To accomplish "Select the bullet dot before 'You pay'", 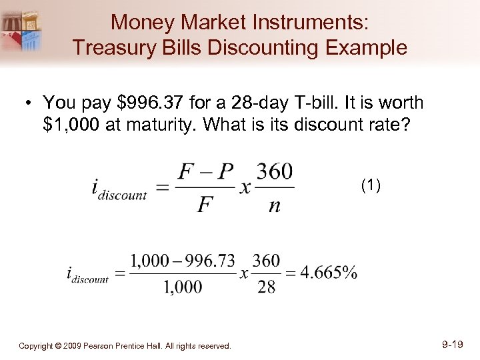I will pyautogui.click(x=29, y=104).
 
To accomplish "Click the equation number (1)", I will pyautogui.click(x=371, y=185).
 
